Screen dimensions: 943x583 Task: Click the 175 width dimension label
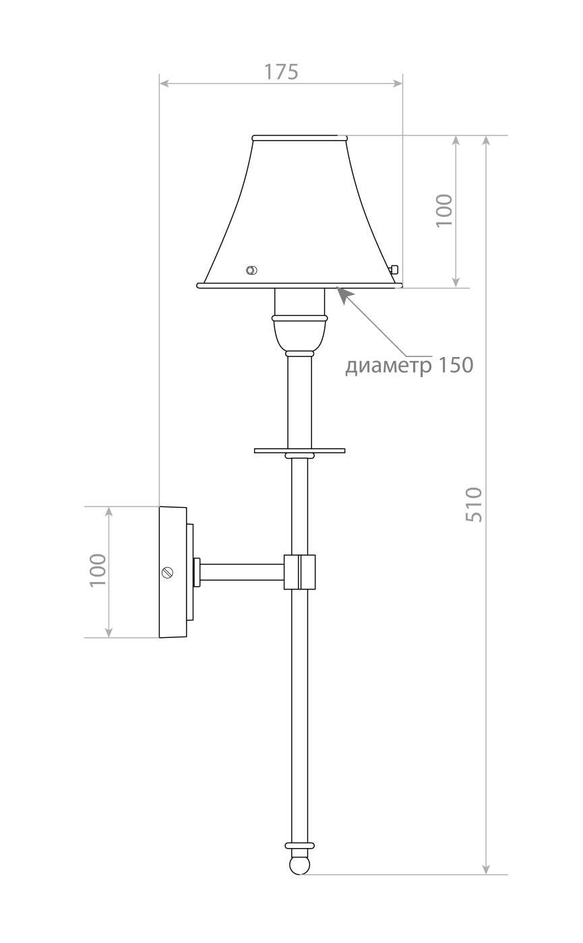(280, 71)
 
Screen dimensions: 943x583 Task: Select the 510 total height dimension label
(474, 505)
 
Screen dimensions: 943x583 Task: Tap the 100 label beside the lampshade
(444, 210)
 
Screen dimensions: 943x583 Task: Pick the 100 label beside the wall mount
(98, 570)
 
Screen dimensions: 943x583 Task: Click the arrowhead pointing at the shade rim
(344, 295)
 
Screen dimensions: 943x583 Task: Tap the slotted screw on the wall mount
(168, 573)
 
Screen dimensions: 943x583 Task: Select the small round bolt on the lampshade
(251, 270)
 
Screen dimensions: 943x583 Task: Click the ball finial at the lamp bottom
(299, 864)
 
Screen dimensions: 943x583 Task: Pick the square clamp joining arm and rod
(299, 572)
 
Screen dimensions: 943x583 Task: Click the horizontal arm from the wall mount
(241, 572)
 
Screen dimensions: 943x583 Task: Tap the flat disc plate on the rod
(299, 450)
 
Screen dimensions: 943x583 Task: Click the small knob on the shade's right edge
(394, 269)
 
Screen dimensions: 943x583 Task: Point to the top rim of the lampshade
(300, 137)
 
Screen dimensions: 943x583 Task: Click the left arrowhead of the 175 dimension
(164, 83)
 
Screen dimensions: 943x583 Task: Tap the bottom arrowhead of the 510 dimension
(487, 870)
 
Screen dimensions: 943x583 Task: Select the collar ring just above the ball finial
(299, 845)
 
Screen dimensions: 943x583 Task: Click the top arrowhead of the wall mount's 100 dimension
(109, 511)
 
